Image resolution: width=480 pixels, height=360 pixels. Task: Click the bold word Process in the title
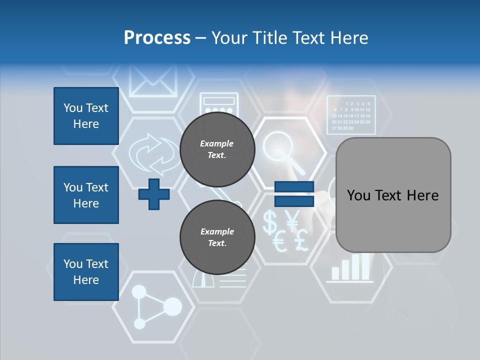click(157, 37)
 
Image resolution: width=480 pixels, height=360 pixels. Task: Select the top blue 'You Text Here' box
click(86, 116)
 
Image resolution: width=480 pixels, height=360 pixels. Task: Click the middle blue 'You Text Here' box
click(86, 195)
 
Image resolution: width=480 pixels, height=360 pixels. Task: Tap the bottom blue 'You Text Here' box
click(86, 272)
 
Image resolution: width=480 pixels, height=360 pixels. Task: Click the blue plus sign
click(154, 194)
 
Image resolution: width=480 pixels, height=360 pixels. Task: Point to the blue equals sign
click(294, 194)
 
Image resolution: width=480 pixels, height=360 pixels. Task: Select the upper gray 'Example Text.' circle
click(217, 149)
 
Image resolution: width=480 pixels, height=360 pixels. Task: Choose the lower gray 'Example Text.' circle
click(217, 237)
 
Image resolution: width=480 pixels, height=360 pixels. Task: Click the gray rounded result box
click(393, 195)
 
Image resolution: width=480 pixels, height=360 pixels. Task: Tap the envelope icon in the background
click(153, 80)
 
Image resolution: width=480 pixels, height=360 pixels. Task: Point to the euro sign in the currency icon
click(279, 243)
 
